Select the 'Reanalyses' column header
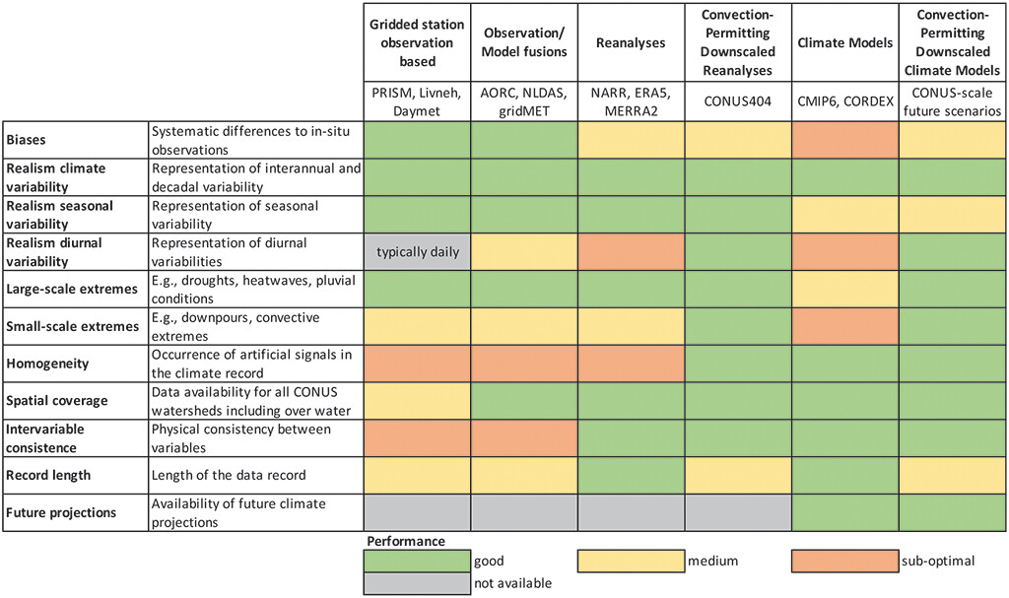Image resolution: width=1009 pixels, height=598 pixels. point(631,44)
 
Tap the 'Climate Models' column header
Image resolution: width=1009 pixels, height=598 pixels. point(844,44)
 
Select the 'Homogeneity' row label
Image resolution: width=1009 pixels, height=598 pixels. point(48,364)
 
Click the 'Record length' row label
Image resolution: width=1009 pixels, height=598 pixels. point(49,475)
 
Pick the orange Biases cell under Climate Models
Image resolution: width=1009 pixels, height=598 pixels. point(844,139)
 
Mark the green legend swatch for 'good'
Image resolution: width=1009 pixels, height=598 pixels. point(417,562)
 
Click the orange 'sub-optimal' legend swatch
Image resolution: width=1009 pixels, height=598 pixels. point(844,562)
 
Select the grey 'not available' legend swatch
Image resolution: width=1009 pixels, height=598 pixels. point(417,582)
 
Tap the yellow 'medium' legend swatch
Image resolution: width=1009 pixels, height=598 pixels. point(631,562)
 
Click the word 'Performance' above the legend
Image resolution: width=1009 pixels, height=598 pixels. point(406,542)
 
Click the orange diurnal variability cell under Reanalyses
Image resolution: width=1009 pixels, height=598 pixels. point(631,252)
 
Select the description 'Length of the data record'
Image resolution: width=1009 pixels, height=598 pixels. point(229,475)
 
